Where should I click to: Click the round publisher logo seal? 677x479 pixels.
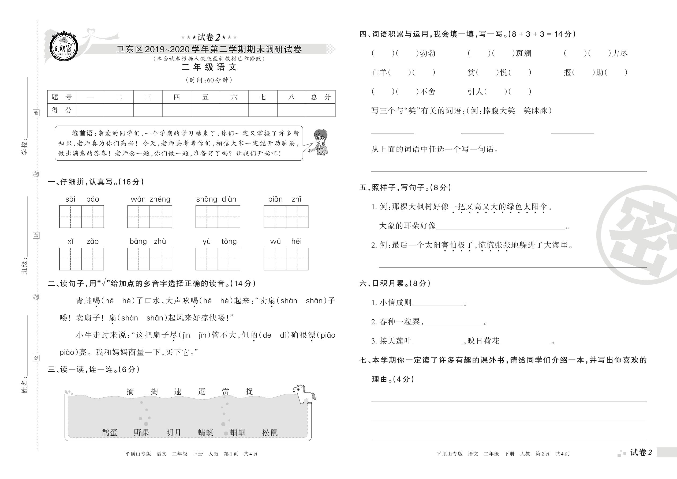pos(63,47)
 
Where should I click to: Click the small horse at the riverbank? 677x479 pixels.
pos(304,394)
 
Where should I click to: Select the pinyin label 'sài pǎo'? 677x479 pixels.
pos(82,199)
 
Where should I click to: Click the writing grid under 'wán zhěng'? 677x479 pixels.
pos(149,217)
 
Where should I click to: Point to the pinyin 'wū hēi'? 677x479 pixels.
pos(286,242)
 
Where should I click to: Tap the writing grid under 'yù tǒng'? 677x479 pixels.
pos(218,259)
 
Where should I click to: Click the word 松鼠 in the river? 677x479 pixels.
pos(270,432)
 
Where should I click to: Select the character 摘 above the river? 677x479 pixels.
pos(130,391)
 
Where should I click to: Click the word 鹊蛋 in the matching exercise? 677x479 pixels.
pos(110,432)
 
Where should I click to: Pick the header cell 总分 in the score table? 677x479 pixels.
pos(320,97)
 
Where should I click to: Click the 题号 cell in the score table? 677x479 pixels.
pos(61,97)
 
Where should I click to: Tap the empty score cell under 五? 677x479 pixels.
pos(205,110)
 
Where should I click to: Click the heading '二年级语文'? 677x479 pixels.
pos(209,67)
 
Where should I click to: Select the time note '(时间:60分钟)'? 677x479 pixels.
pos(209,80)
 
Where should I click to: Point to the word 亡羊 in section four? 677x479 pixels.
pos(379,73)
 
